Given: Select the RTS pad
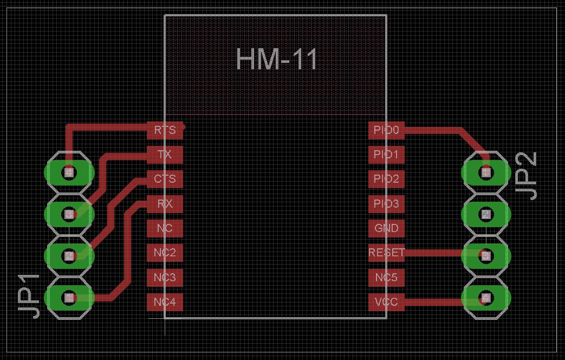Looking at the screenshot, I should pos(165,130).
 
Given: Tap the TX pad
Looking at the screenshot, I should pos(165,155).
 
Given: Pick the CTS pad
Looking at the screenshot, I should pos(165,178).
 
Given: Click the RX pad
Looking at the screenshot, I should pos(165,204).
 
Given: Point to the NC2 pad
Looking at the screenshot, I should pos(165,253).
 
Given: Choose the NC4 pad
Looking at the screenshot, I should pos(165,301).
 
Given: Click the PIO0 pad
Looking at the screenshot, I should pos(386,130).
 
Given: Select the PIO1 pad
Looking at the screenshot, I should pos(386,155).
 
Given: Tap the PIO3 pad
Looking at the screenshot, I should pos(386,204).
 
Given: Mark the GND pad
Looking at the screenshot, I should pos(386,228).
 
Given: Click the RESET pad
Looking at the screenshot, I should pos(386,253).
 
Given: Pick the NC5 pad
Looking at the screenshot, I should pos(386,278).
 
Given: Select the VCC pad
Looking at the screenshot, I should pos(386,302).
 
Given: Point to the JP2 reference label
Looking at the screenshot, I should pos(526,175).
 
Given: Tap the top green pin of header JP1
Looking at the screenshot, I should pos(69,172).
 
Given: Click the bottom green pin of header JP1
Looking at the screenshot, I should pos(69,297).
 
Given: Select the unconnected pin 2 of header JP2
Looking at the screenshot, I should pos(486,214).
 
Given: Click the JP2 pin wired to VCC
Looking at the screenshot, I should pos(486,297).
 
